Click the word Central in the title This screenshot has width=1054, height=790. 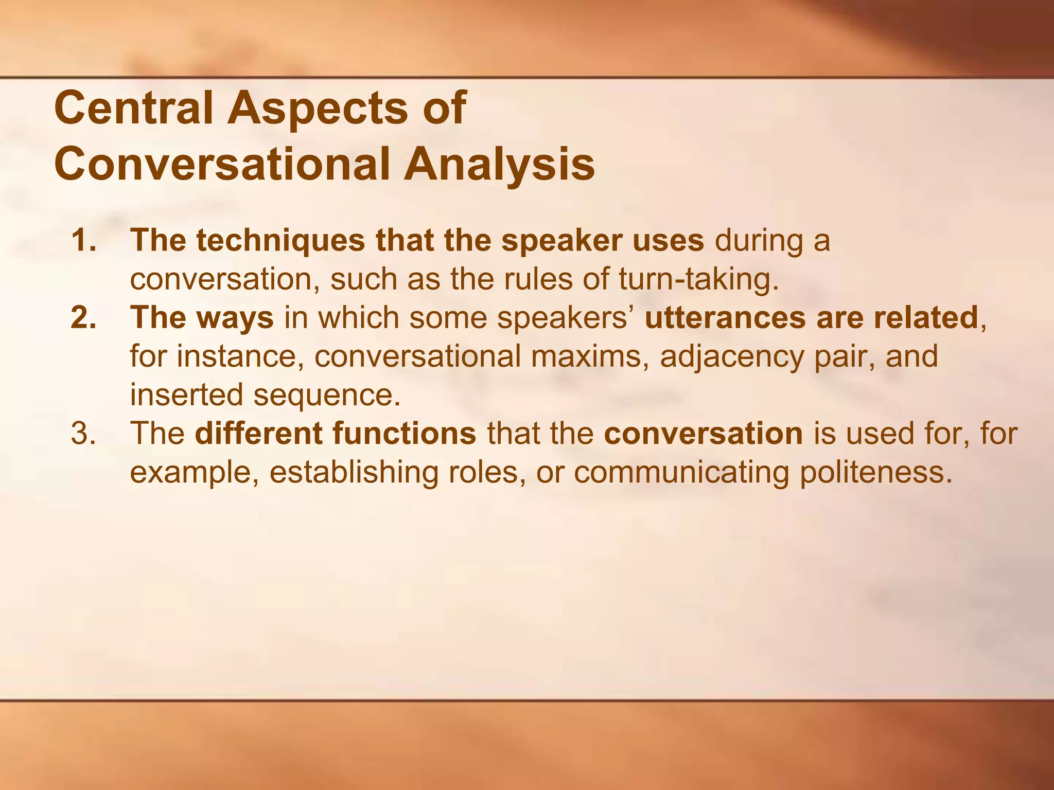coord(133,107)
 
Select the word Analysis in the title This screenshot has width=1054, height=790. coord(499,165)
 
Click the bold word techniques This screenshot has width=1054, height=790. coord(280,240)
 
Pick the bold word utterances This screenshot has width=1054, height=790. coord(725,317)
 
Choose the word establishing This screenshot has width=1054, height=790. coord(354,472)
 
